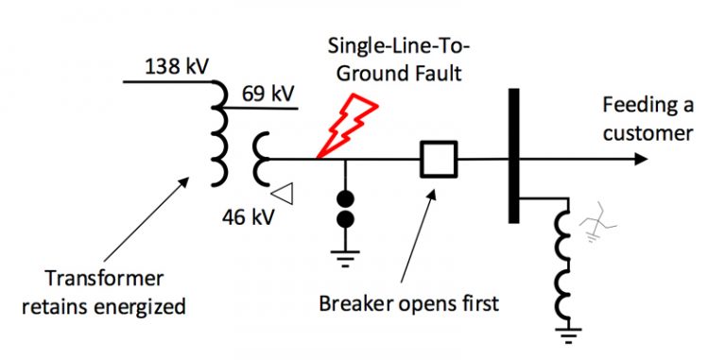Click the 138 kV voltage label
178,67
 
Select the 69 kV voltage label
268,94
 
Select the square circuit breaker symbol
439,160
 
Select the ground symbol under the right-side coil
566,334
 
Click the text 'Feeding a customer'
647,119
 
